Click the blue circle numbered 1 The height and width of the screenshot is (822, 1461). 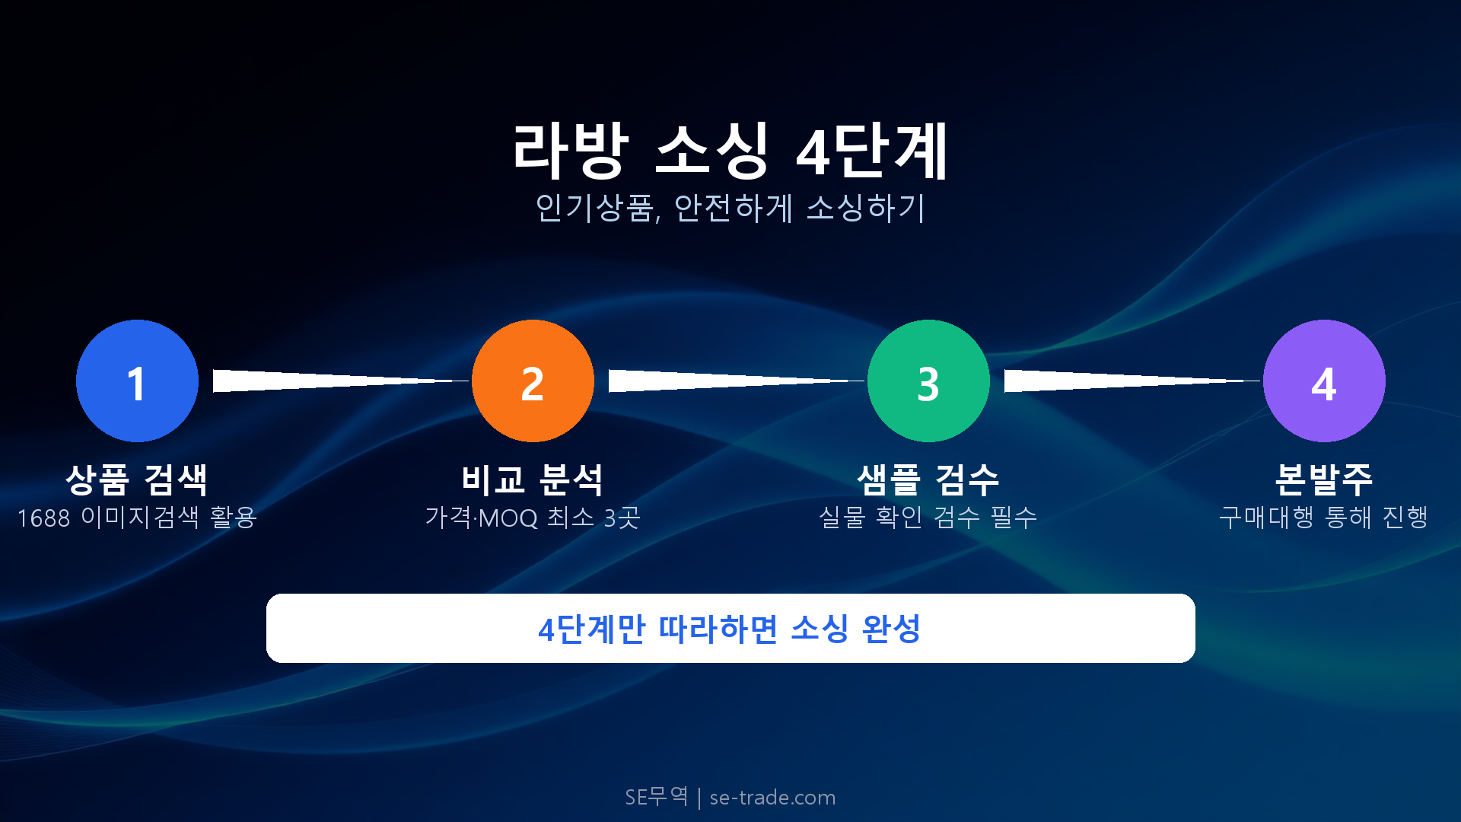(x=137, y=381)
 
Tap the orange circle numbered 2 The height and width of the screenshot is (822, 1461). (x=533, y=381)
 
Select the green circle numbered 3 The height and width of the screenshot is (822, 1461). (x=928, y=381)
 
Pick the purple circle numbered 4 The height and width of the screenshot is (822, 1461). (x=1324, y=381)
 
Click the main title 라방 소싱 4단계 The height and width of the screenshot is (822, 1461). (x=730, y=151)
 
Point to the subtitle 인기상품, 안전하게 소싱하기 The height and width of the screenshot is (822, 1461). (x=730, y=208)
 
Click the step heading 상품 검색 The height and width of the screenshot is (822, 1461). (x=137, y=479)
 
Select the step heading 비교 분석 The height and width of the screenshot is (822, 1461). (x=533, y=479)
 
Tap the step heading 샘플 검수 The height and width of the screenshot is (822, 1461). (x=928, y=479)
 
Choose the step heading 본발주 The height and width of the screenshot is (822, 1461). (x=1324, y=479)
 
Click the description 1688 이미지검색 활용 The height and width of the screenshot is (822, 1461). (x=137, y=518)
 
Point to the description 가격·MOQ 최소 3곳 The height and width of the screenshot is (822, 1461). (x=533, y=518)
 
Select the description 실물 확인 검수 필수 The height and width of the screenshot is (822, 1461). (x=928, y=518)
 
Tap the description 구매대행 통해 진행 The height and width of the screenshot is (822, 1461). (x=1324, y=518)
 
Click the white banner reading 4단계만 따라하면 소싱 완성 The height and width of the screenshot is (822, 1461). (x=730, y=629)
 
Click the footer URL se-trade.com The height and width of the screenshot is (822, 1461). (x=772, y=798)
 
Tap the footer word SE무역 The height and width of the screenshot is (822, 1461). (x=656, y=797)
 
